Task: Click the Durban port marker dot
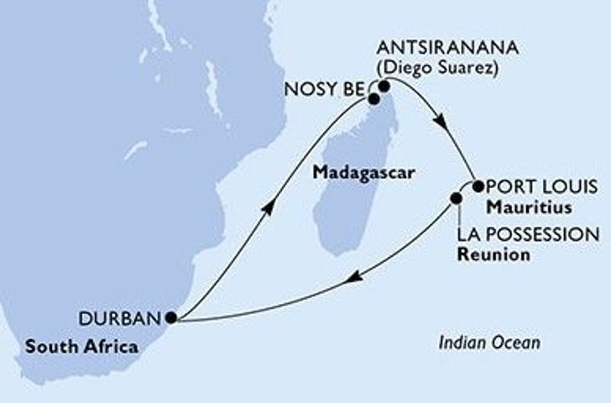171,317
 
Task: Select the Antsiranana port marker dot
384,86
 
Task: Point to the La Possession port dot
457,199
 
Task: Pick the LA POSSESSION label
529,234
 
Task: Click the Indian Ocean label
489,343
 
